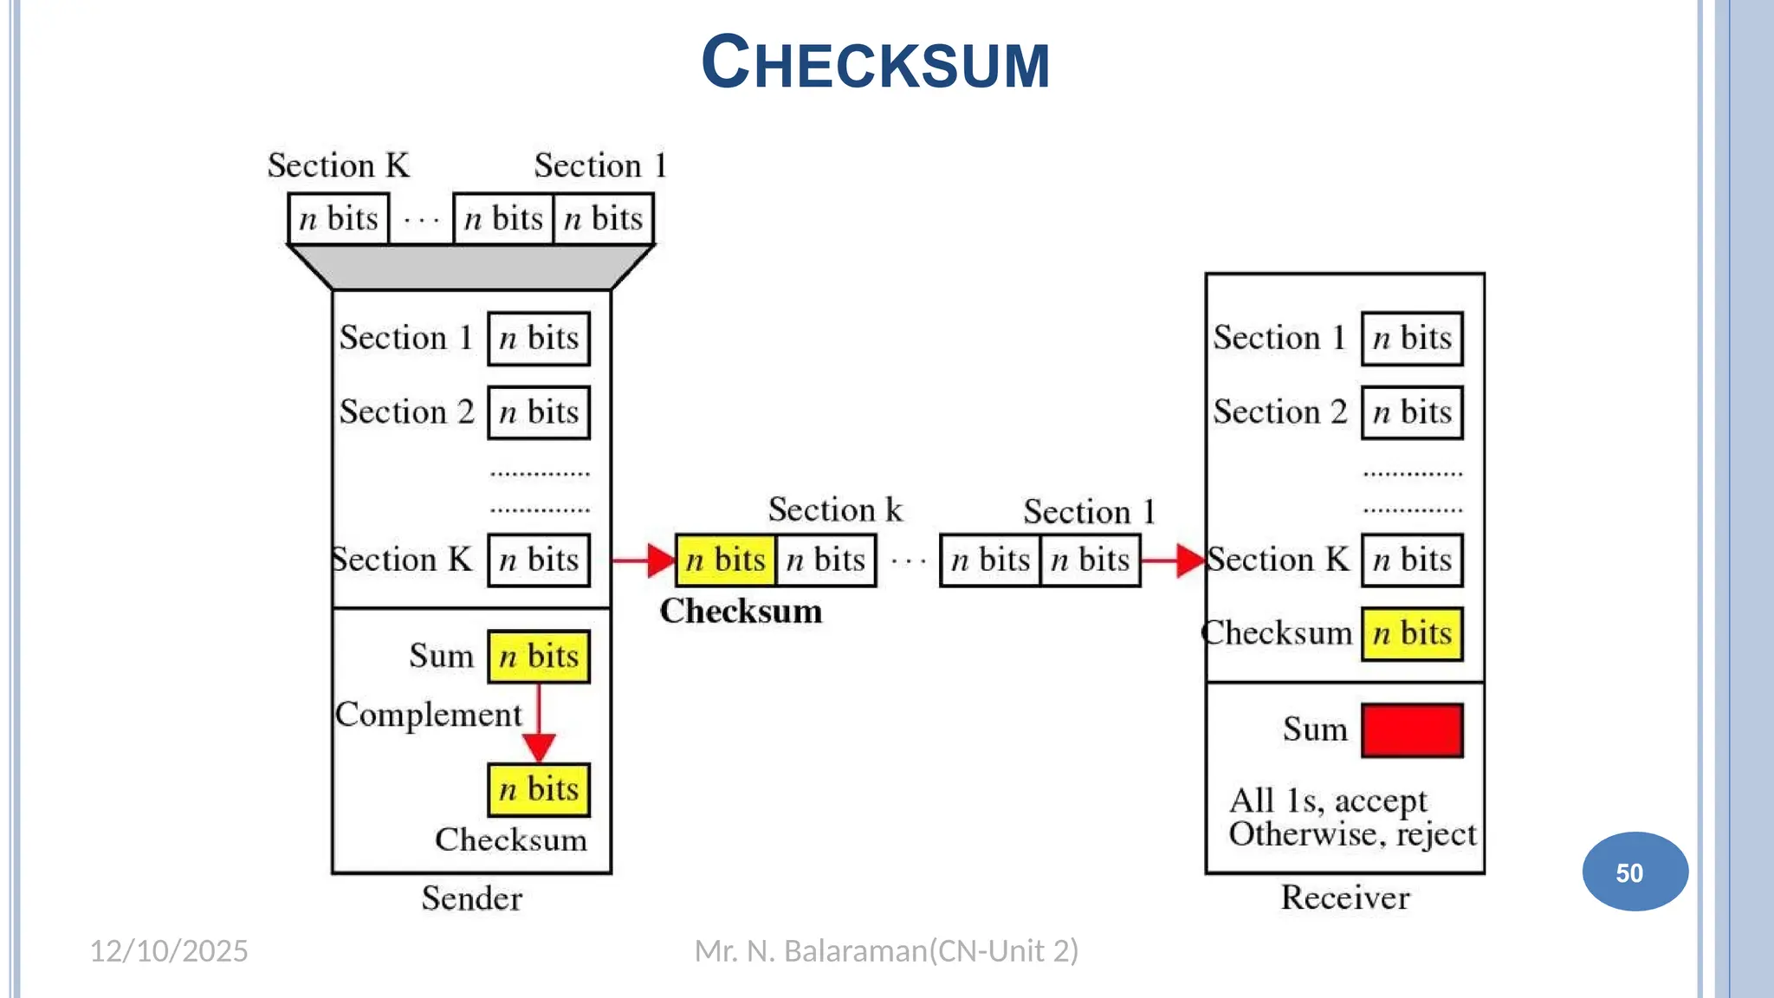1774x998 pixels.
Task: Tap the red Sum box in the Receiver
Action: [1412, 730]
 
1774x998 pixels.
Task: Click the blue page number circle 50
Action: [1634, 872]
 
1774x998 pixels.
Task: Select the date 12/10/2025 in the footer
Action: [169, 951]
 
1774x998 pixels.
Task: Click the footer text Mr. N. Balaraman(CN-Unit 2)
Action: [886, 951]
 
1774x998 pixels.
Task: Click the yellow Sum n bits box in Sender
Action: [539, 657]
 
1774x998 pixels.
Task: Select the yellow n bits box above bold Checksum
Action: [726, 561]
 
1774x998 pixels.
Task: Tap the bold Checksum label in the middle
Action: [741, 611]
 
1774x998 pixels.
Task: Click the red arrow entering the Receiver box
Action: [1173, 561]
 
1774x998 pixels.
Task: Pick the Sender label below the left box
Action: [472, 898]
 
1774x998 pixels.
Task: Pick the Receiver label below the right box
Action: [1345, 898]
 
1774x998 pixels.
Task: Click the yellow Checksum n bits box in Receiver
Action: [1412, 634]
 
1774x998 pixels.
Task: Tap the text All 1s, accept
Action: [1328, 800]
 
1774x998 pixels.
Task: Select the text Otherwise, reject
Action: [1352, 834]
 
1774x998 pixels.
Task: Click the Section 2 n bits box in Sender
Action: [539, 412]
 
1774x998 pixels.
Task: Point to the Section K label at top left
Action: [338, 165]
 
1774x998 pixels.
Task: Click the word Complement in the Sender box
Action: [429, 715]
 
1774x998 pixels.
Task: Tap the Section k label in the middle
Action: [835, 509]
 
